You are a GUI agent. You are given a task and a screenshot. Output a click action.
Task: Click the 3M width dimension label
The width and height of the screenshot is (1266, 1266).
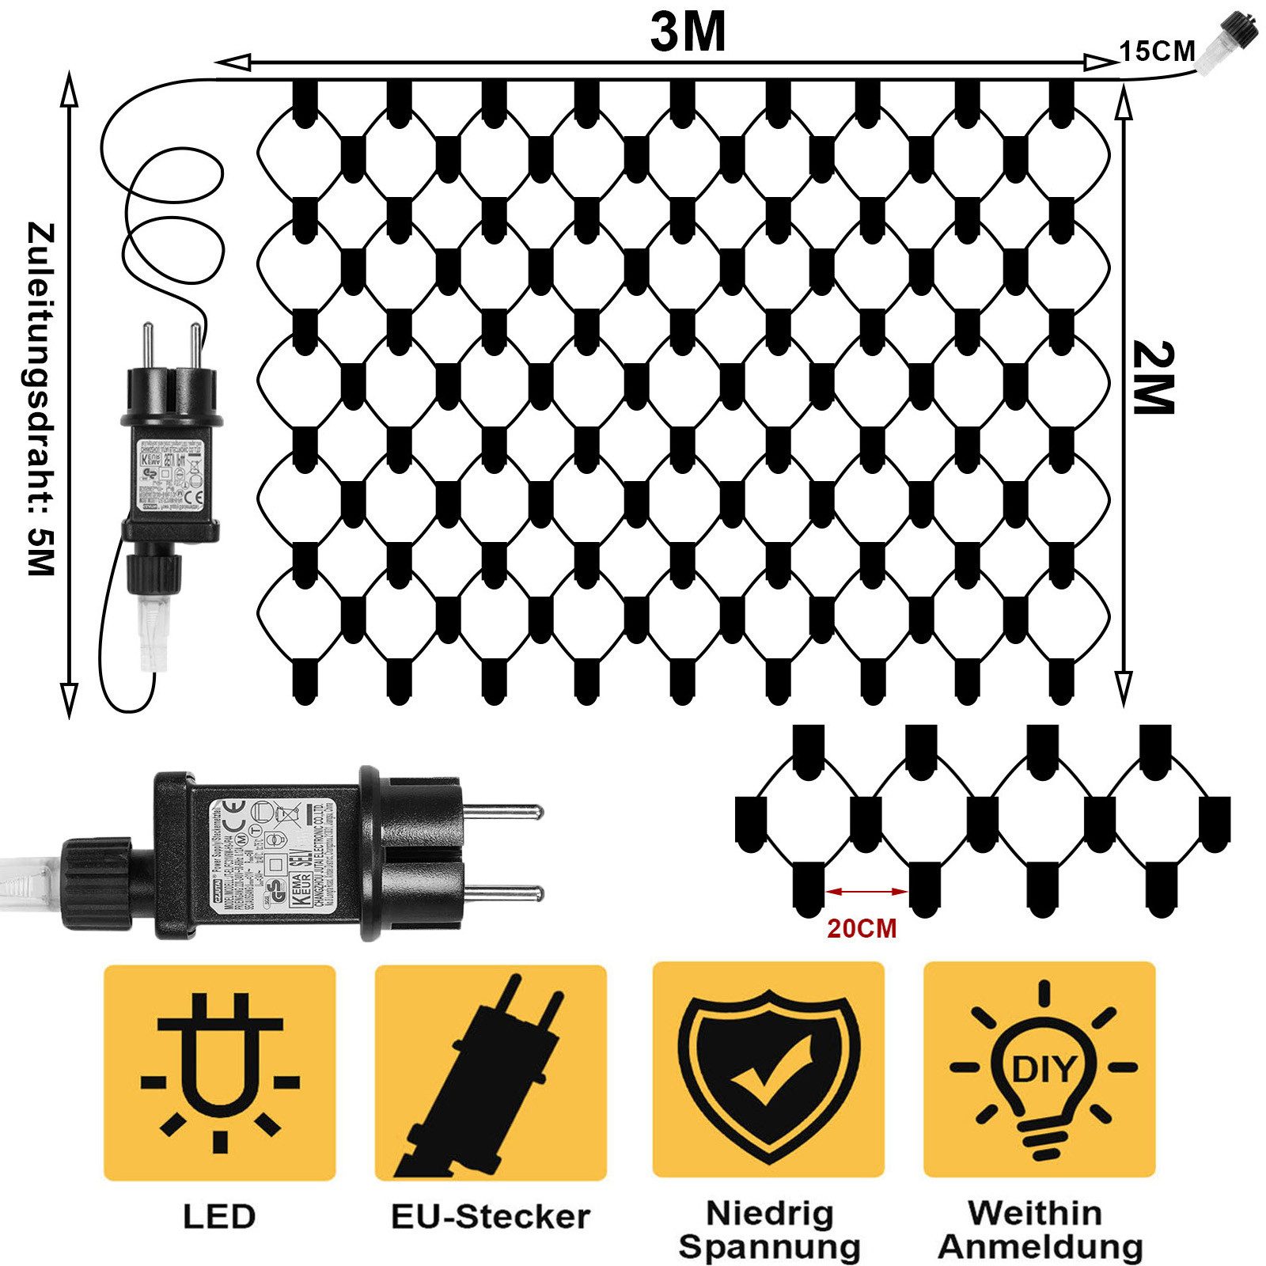pos(688,33)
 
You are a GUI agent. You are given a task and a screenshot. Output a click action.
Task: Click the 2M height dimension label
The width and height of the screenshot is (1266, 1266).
pos(1152,377)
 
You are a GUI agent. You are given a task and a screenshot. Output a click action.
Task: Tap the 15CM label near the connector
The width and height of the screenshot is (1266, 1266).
pos(1156,51)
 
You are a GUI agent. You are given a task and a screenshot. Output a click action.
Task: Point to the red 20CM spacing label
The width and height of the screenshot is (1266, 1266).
pos(862,928)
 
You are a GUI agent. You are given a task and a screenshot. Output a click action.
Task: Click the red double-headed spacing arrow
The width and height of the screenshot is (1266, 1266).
pos(866,892)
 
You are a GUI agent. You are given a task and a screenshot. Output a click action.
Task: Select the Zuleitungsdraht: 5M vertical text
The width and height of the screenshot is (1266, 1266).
pos(41,400)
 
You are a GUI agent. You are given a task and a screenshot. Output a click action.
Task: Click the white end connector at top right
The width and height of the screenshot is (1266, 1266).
pos(1229,42)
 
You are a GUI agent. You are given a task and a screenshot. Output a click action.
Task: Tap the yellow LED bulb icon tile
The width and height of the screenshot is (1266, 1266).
pos(220,1072)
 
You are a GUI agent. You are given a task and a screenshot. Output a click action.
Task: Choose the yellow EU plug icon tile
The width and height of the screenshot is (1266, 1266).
pos(491,1072)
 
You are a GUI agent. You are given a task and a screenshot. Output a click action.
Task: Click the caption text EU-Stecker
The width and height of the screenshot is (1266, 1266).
pos(491,1217)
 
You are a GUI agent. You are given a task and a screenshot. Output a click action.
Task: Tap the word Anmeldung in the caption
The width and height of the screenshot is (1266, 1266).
pos(1041,1247)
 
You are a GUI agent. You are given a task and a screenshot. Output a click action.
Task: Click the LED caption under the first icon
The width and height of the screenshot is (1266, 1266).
pos(219,1217)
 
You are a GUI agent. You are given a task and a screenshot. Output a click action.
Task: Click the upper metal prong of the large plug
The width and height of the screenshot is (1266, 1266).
pos(502,811)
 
